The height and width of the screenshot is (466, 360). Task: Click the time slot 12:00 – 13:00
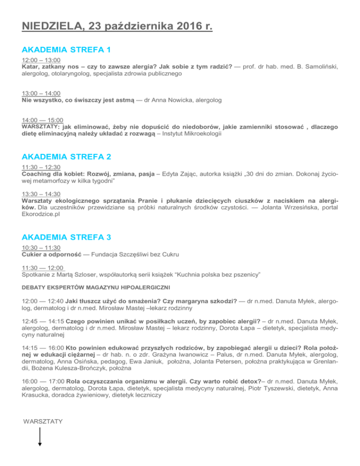(41, 61)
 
